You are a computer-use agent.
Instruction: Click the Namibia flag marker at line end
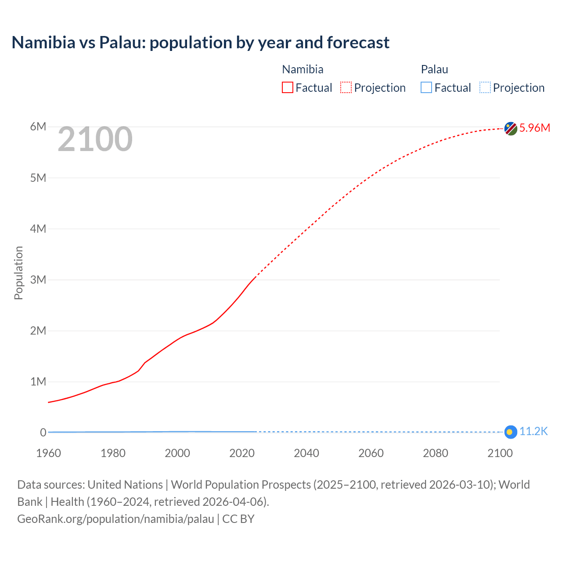point(511,129)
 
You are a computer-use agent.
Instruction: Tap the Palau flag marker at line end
point(510,432)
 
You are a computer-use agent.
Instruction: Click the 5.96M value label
point(534,128)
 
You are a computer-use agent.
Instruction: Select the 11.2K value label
point(533,432)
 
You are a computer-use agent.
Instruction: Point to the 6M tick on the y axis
point(38,127)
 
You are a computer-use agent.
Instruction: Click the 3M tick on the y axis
point(38,280)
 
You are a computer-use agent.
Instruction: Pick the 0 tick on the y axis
point(43,432)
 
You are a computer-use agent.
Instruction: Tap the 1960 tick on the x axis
point(48,453)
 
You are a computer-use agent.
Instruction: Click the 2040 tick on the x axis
point(306,453)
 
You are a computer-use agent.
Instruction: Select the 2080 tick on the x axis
point(436,453)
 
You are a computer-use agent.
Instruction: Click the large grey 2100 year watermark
point(95,139)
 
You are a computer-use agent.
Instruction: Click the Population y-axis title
point(18,273)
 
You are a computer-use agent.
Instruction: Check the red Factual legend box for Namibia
point(288,88)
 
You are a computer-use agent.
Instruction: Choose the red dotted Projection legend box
point(346,88)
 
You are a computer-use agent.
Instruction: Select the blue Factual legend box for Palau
point(426,88)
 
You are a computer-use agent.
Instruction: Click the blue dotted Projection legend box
point(485,88)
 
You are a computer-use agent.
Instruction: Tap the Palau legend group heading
point(434,69)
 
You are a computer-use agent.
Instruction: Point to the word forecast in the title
point(358,43)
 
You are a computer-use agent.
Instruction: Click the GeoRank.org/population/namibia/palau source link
point(115,519)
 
